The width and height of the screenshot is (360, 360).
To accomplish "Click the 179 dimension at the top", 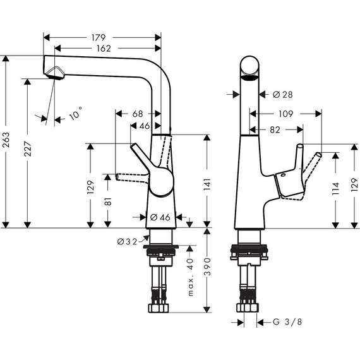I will (x=101, y=36).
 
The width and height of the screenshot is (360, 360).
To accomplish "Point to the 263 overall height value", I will (x=7, y=141).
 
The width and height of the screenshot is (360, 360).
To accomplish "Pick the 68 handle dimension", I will (x=138, y=114).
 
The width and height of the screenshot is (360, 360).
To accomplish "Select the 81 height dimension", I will (x=109, y=202).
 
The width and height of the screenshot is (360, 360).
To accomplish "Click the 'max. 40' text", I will (x=189, y=272).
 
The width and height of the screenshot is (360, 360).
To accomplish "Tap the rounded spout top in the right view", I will (x=251, y=66).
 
